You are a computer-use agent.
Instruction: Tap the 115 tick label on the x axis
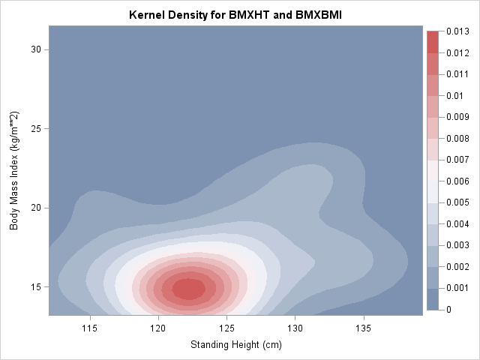point(90,328)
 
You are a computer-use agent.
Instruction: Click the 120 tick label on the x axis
point(158,328)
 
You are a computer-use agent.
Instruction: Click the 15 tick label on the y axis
point(34,286)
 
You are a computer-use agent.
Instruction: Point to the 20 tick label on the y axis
point(34,208)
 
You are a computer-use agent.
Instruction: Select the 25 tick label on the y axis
point(34,128)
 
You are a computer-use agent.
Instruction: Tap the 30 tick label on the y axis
point(34,49)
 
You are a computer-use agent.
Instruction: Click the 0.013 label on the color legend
point(457,31)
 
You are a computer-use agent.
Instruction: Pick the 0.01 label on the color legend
point(453,96)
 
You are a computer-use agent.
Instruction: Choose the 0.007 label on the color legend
point(457,160)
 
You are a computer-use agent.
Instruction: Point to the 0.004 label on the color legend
point(457,224)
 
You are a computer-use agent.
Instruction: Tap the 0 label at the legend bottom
point(448,310)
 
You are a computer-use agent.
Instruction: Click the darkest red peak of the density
point(187,288)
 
